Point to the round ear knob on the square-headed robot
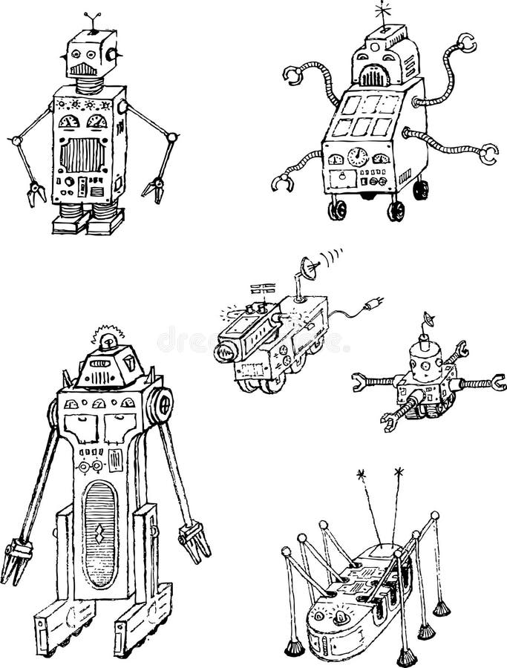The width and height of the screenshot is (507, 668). coord(114,54)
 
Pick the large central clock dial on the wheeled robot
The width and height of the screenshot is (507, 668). coord(359,157)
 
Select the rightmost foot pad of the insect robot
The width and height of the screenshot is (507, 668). coord(442,608)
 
